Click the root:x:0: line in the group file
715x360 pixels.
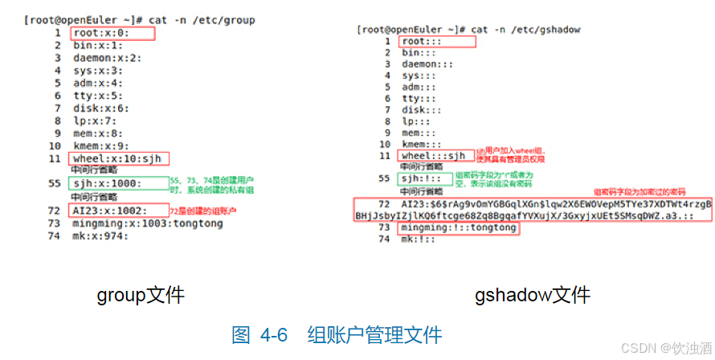pos(100,33)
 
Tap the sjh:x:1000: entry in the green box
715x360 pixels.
pos(108,183)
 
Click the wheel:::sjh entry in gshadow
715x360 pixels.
pos(434,155)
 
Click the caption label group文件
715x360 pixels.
pos(141,295)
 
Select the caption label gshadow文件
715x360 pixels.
pos(532,295)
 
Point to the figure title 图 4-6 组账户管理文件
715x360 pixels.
pos(337,334)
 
